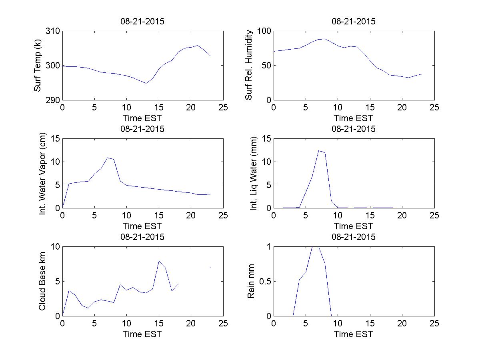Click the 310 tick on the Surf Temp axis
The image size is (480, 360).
click(x=54, y=31)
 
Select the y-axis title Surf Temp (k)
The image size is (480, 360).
click(x=38, y=66)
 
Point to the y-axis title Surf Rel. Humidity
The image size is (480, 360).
click(x=249, y=66)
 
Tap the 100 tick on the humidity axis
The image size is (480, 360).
click(x=264, y=31)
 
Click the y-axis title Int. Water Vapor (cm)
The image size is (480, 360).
click(x=43, y=173)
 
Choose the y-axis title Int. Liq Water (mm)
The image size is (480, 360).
click(x=254, y=173)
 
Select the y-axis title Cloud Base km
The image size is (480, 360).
click(x=42, y=281)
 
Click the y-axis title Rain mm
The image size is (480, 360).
click(x=251, y=281)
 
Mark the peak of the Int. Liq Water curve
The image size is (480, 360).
click(x=319, y=150)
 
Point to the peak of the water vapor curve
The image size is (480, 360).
click(x=108, y=158)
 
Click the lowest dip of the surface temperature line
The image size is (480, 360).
click(x=146, y=83)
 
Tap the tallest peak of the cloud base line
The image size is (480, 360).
click(x=159, y=261)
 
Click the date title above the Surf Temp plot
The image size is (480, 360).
click(x=142, y=22)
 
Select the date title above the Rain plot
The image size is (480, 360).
click(x=354, y=237)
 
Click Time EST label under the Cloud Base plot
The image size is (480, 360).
click(x=142, y=334)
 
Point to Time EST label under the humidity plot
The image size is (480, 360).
click(x=354, y=118)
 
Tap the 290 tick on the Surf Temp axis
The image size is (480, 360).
click(x=54, y=100)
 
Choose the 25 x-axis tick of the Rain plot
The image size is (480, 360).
click(x=434, y=324)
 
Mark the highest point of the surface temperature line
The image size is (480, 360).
click(x=198, y=45)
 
